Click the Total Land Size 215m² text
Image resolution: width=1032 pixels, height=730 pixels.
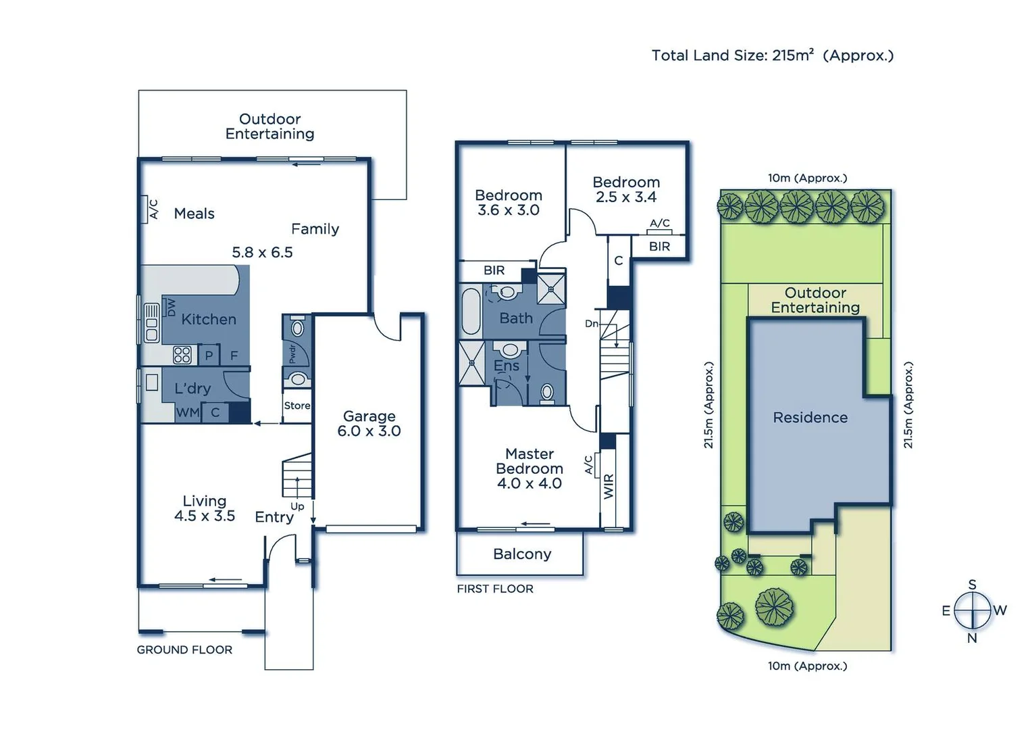click(772, 55)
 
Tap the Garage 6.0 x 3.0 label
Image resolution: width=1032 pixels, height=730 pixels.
click(369, 424)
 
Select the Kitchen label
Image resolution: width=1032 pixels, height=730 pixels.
click(209, 319)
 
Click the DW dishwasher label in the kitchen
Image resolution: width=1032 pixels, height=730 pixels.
click(171, 308)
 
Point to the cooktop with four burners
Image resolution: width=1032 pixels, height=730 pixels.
click(182, 355)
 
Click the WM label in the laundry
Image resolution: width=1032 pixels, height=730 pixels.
click(187, 412)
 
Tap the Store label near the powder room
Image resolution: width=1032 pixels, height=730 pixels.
click(296, 406)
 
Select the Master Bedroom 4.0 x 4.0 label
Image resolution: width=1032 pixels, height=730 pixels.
click(529, 468)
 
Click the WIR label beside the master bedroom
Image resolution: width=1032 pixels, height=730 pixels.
click(609, 486)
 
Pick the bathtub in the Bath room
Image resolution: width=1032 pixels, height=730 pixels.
click(471, 311)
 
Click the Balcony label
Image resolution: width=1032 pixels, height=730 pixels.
click(522, 554)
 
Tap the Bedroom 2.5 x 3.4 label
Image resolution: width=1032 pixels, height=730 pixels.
click(626, 190)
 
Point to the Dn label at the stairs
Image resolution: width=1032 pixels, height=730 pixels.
click(592, 324)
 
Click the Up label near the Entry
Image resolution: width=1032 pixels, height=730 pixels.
click(297, 506)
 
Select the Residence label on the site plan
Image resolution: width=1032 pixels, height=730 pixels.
click(810, 418)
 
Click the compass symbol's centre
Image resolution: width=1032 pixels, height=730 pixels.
click(972, 610)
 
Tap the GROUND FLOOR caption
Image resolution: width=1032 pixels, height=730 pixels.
click(184, 650)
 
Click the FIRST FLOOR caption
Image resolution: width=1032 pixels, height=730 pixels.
click(495, 589)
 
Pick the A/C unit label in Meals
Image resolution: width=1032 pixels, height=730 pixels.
click(153, 209)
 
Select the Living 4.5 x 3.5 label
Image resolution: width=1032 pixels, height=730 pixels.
click(205, 508)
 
